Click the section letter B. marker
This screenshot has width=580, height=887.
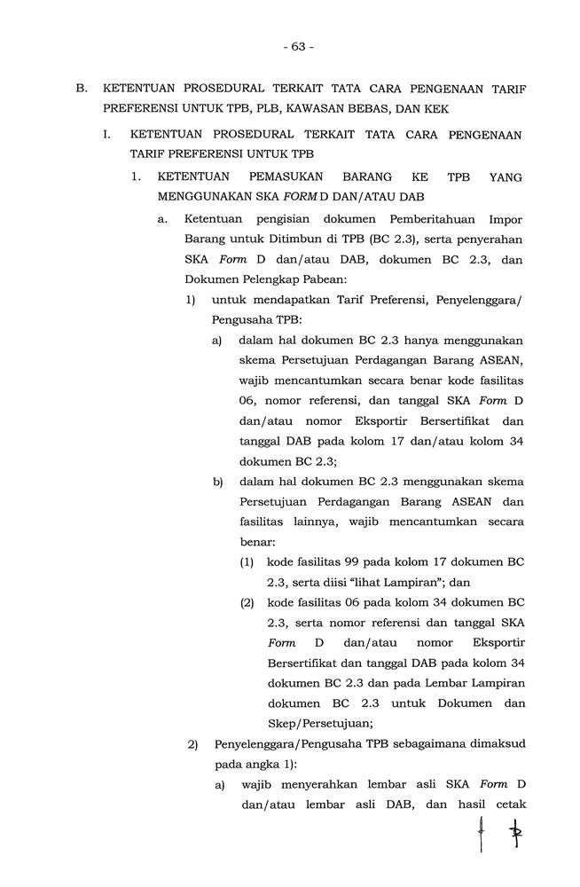[81, 90]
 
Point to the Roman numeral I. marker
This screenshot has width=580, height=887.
[107, 135]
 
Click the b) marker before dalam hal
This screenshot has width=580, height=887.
[218, 482]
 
